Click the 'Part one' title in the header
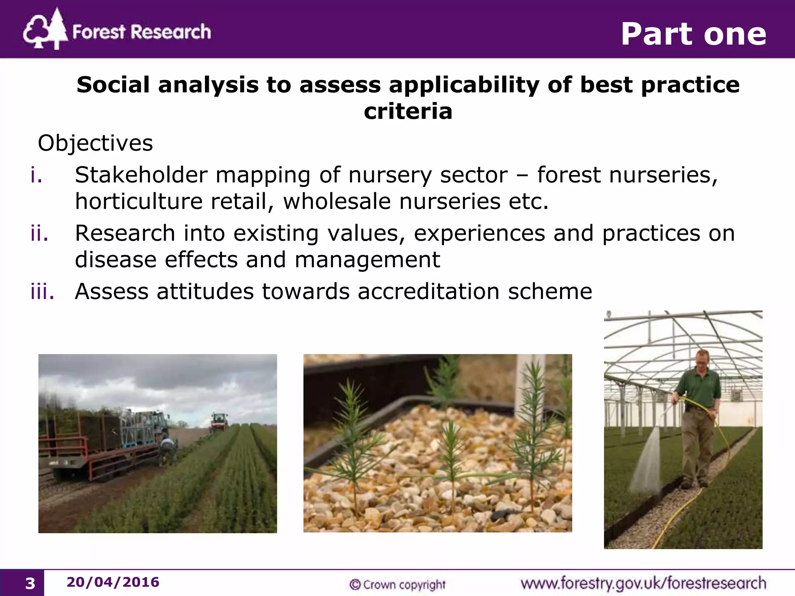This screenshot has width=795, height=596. [693, 34]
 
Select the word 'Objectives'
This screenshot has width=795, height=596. [95, 143]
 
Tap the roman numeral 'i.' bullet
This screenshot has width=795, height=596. [36, 175]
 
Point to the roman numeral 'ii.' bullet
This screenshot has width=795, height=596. [39, 233]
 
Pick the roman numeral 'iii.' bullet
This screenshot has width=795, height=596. [42, 291]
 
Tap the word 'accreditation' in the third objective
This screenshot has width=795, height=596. [428, 291]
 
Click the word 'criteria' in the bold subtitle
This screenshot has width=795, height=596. [408, 111]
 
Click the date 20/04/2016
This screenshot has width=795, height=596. [113, 582]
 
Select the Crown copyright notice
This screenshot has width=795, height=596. [397, 584]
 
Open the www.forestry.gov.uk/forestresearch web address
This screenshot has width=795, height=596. [643, 583]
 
